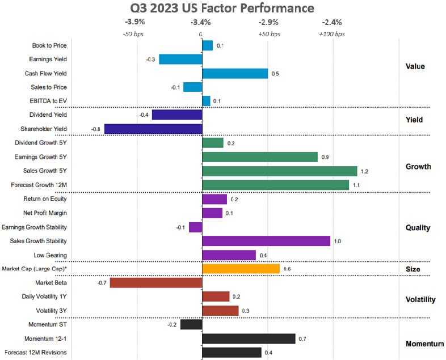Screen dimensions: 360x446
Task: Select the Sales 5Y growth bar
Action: click(x=279, y=171)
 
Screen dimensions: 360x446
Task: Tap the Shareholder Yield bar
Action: click(x=161, y=129)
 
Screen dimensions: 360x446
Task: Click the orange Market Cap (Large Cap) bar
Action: click(x=241, y=269)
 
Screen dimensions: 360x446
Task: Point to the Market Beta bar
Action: click(x=156, y=282)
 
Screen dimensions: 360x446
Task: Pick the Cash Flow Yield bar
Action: click(x=235, y=73)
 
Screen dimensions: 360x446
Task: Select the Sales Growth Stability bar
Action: click(x=266, y=241)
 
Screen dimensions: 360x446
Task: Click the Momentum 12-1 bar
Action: click(x=249, y=338)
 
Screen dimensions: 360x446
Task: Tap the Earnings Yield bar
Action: click(x=180, y=59)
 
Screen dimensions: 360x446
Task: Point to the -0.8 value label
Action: click(x=95, y=129)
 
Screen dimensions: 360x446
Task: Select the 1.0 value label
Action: click(x=337, y=242)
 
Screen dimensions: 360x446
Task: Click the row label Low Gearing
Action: click(x=53, y=255)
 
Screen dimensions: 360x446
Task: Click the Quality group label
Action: click(x=418, y=228)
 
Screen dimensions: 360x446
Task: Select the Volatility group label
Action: click(x=420, y=300)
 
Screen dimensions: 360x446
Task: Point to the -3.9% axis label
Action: click(x=134, y=23)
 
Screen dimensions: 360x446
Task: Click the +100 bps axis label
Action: click(x=333, y=34)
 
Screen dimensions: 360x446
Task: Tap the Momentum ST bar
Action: click(x=191, y=325)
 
